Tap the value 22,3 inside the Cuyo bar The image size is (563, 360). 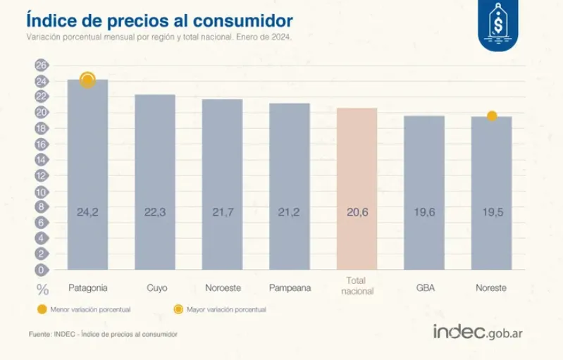pyautogui.click(x=155, y=211)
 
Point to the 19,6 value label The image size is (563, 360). pyautogui.click(x=424, y=211)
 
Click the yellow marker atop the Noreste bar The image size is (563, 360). pyautogui.click(x=492, y=116)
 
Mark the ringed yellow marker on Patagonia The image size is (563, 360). pyautogui.click(x=87, y=80)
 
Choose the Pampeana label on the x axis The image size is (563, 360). pyautogui.click(x=290, y=287)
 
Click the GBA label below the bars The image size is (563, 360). pyautogui.click(x=424, y=287)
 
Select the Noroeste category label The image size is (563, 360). pyautogui.click(x=222, y=287)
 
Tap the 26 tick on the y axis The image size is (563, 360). pyautogui.click(x=41, y=65)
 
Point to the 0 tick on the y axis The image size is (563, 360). pyautogui.click(x=41, y=270)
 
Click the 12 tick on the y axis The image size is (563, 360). pyautogui.click(x=41, y=175)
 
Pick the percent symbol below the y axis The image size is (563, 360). pyautogui.click(x=42, y=288)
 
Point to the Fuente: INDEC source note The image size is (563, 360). pyautogui.click(x=103, y=333)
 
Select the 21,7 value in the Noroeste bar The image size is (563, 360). pyautogui.click(x=222, y=211)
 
